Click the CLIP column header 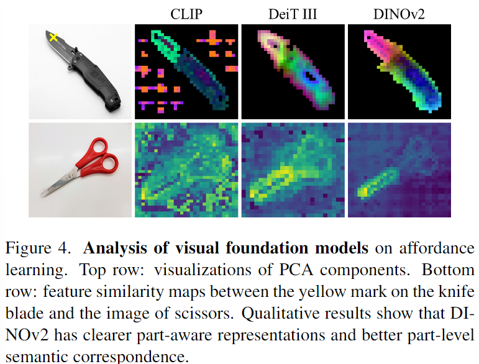(186, 14)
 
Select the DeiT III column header (293, 14)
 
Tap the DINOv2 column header (399, 14)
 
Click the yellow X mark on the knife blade (53, 37)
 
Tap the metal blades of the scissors (60, 183)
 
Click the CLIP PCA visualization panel (186, 72)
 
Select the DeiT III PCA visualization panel (293, 72)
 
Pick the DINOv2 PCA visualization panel (399, 72)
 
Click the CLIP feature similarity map (186, 170)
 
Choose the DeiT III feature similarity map (293, 170)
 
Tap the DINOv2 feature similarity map (399, 170)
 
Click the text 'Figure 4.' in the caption (38, 248)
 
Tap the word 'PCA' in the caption (296, 270)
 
